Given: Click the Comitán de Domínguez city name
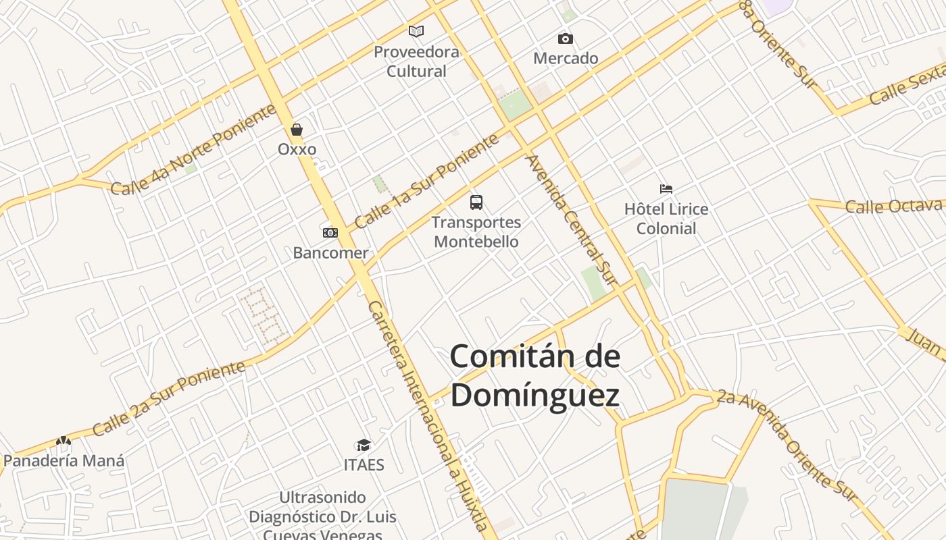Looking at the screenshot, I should [x=534, y=375].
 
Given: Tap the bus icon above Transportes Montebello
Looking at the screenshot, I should [x=476, y=202].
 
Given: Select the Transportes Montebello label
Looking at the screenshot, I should [x=476, y=232].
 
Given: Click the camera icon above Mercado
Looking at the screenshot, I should [x=566, y=38].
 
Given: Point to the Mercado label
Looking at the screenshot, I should [x=566, y=59].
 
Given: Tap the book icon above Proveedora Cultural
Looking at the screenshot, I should [x=416, y=31].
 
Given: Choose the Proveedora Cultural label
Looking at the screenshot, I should [x=416, y=61].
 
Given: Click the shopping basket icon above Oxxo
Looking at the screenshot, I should [x=297, y=129].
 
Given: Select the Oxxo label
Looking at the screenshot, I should [x=297, y=149].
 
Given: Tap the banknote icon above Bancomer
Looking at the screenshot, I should [x=330, y=233].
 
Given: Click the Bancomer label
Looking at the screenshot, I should [x=330, y=253].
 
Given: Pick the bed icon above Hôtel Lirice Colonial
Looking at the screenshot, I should [x=666, y=189].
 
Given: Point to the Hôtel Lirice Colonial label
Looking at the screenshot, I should [x=666, y=219].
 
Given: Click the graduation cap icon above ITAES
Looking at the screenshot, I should [x=364, y=445].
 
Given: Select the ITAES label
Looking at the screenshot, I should [x=364, y=465].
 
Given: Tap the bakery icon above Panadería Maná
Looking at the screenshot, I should [x=64, y=441].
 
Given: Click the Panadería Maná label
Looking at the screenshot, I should [x=64, y=461].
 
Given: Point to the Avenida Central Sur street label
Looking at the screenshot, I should [x=572, y=219].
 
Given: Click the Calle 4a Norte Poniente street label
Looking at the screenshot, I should [x=193, y=150].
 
